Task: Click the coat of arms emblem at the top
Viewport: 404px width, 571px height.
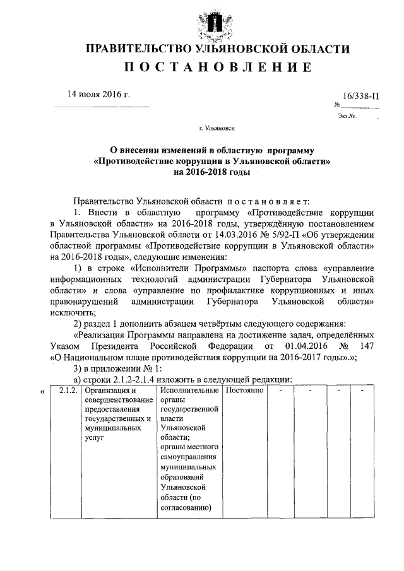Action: click(x=217, y=20)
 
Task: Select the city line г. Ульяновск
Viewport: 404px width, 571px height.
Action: click(x=217, y=128)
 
